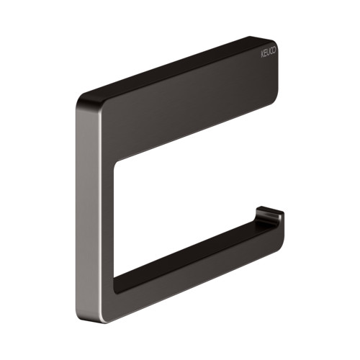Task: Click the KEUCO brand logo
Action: click(x=269, y=53)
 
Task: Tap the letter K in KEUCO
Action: click(x=262, y=55)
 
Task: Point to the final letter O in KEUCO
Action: click(x=274, y=50)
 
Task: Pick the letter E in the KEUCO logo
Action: click(x=265, y=54)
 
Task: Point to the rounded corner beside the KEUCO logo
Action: click(x=275, y=42)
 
